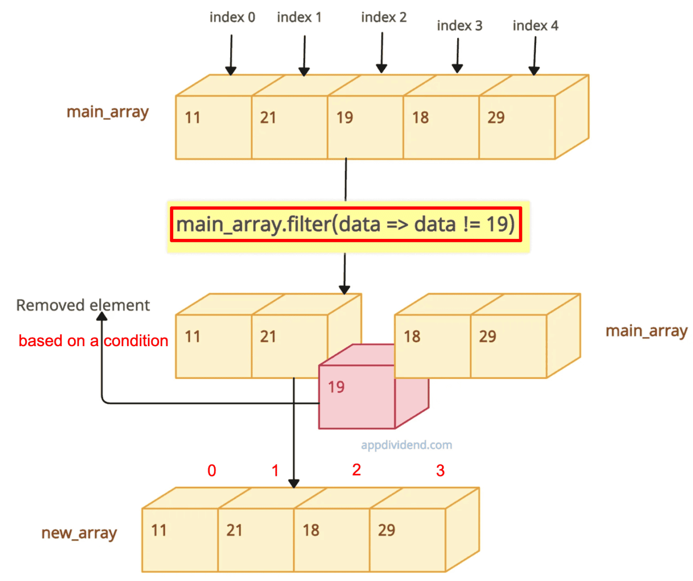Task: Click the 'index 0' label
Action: pos(232,17)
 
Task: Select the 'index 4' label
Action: pos(535,26)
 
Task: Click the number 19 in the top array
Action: pos(345,118)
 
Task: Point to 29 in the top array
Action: pos(496,118)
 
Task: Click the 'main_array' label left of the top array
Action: pos(107,112)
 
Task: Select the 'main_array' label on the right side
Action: pos(646,331)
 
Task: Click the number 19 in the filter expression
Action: pos(497,224)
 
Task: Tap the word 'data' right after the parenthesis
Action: pos(360,224)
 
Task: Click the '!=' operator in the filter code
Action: pos(471,224)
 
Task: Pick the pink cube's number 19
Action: pos(336,387)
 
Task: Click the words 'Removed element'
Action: pos(83,305)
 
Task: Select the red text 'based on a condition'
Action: pos(93,341)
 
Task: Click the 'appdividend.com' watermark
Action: pos(406,445)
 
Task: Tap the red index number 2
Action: pos(356,470)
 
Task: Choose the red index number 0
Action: pos(212,471)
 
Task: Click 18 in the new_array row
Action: pos(311,530)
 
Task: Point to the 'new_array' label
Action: pos(79,533)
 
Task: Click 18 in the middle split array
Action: pos(412,336)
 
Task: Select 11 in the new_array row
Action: pos(159,530)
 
